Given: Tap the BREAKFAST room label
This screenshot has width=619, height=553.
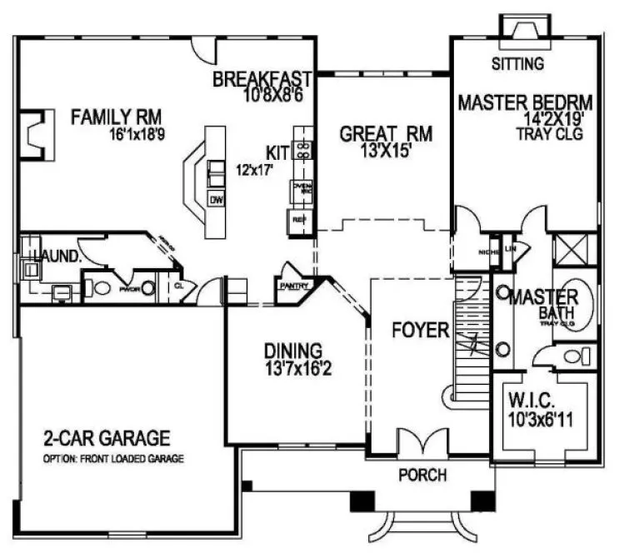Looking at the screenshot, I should point(262,80).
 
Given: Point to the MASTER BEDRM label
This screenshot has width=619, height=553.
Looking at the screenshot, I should point(526,103).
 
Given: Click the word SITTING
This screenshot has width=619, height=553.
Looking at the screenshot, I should point(517,63).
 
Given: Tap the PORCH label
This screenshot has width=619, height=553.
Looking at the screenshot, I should point(422,476).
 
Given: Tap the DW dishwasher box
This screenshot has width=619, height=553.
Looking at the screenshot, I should point(216,200).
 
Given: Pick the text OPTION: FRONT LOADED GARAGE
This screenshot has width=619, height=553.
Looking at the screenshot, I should point(113,459).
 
